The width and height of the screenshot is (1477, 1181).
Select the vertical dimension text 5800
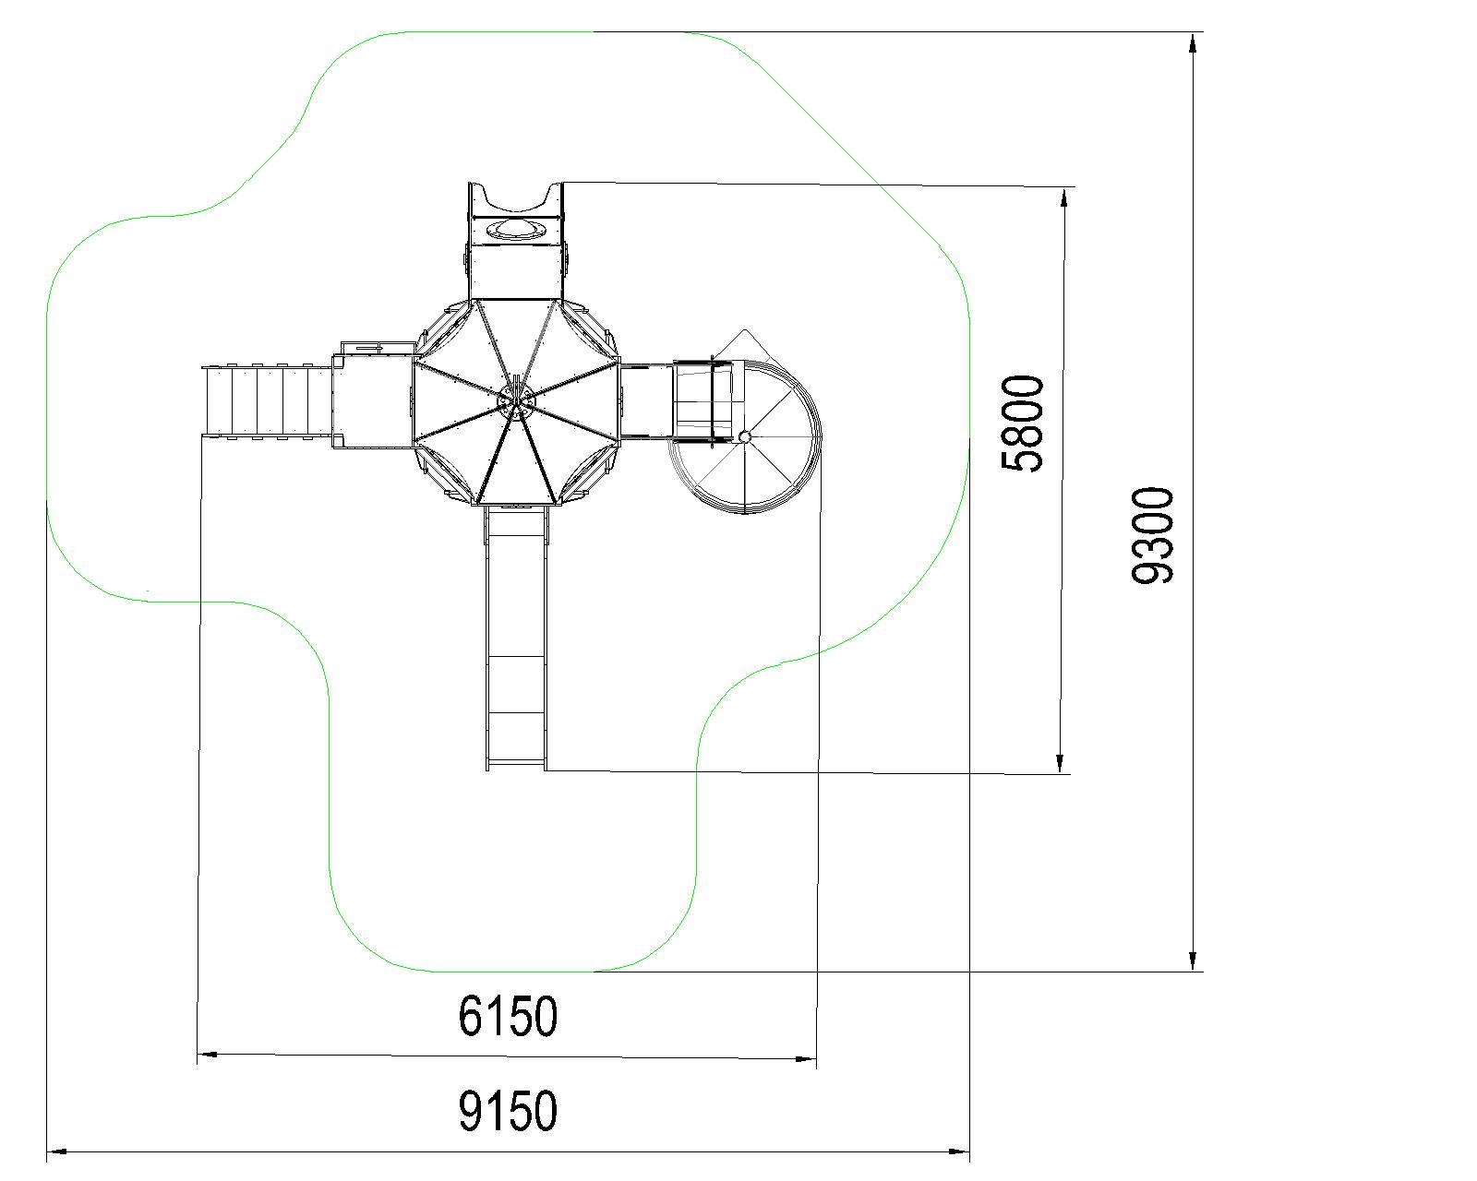point(1023,423)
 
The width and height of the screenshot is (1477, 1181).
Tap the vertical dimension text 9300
point(1152,536)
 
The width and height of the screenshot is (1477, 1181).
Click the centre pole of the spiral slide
point(745,435)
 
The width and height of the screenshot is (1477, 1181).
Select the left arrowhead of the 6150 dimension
point(208,1054)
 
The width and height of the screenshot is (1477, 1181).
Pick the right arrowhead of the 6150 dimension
point(806,1059)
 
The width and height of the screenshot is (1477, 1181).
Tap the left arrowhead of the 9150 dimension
point(57,1151)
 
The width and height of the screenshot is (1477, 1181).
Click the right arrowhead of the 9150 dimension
point(959,1151)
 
